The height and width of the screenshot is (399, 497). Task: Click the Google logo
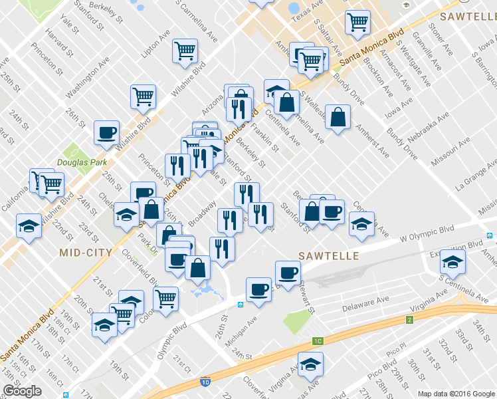click(22, 391)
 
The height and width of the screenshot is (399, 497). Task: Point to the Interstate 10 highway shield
click(207, 382)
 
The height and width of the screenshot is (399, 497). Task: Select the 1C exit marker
click(318, 341)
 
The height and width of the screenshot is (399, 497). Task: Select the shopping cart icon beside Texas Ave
click(357, 23)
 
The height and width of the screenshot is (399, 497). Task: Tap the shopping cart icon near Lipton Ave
click(185, 51)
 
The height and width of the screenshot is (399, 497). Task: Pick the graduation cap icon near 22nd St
click(29, 225)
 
